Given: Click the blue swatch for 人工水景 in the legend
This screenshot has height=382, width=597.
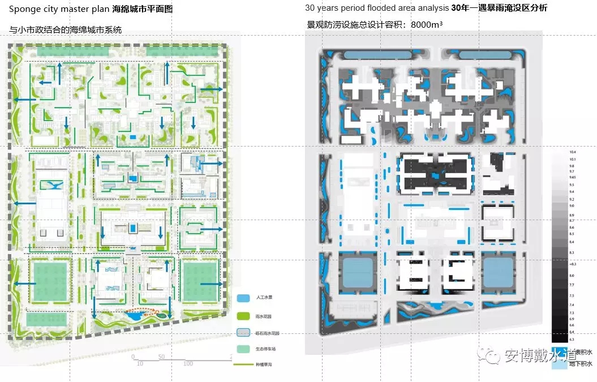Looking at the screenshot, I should tap(243, 298).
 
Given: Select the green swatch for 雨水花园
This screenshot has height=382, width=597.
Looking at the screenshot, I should tap(243, 315).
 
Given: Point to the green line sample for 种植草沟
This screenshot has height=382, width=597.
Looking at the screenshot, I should tap(243, 365).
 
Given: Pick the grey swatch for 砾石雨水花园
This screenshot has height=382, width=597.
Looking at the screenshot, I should tap(243, 333).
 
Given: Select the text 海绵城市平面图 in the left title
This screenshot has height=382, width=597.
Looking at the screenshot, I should tap(143, 10).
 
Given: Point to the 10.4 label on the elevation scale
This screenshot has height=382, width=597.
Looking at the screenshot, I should tap(573, 152).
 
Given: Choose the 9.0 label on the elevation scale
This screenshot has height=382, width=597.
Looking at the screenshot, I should tap(572, 207).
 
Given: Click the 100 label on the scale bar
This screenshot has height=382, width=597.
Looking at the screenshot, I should tap(188, 363).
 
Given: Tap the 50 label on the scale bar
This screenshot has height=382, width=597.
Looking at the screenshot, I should tap(161, 357).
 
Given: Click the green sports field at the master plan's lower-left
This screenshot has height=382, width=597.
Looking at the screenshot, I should tap(50, 281).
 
